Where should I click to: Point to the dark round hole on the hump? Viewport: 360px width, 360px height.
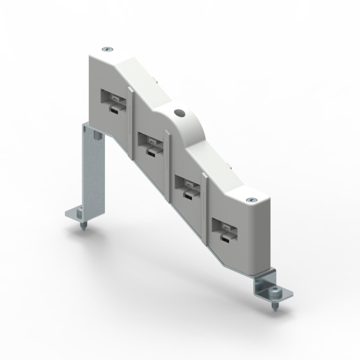(178, 113)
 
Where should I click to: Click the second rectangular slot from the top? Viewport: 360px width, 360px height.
(147, 142)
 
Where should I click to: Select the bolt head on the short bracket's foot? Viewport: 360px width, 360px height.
(274, 292)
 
